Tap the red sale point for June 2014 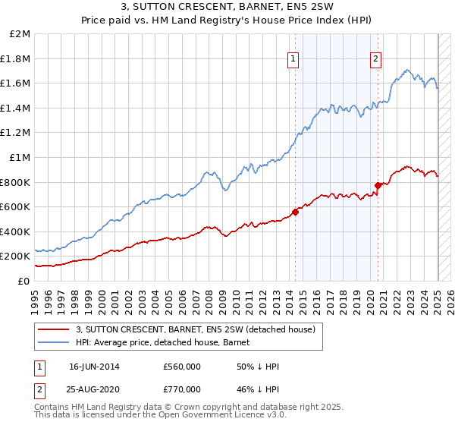click(x=295, y=212)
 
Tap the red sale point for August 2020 click(x=378, y=184)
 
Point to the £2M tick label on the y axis click(x=20, y=34)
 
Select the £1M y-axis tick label click(x=20, y=158)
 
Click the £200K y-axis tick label click(x=16, y=257)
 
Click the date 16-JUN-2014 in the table click(x=94, y=367)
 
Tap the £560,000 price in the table click(x=182, y=367)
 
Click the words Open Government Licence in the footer click(x=187, y=416)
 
